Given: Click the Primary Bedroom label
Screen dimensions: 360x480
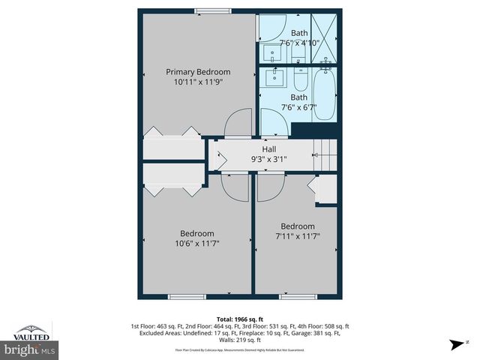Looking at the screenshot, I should point(197,72).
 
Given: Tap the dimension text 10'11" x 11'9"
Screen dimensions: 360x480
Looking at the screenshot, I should point(197,82).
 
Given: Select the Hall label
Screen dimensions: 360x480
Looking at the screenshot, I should point(268,149).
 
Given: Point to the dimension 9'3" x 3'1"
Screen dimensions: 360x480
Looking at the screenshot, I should point(268,159).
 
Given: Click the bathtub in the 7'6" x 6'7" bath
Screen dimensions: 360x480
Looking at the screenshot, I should point(325,94).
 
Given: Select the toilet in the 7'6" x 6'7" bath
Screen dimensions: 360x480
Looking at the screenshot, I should point(299,79).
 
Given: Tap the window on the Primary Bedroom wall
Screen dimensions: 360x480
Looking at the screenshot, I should point(213,10).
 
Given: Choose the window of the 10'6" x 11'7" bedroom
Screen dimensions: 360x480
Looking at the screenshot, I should point(187,297).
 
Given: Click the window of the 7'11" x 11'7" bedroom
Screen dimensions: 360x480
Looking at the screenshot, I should point(298,297).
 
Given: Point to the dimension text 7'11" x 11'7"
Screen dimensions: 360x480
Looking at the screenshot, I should point(298,237).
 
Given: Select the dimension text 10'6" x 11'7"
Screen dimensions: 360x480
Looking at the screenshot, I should point(197,243).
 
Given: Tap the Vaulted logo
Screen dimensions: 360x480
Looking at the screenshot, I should point(31,333).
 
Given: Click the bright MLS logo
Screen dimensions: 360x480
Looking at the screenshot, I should point(30,349).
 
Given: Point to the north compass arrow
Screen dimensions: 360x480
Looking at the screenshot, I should point(454,344).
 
